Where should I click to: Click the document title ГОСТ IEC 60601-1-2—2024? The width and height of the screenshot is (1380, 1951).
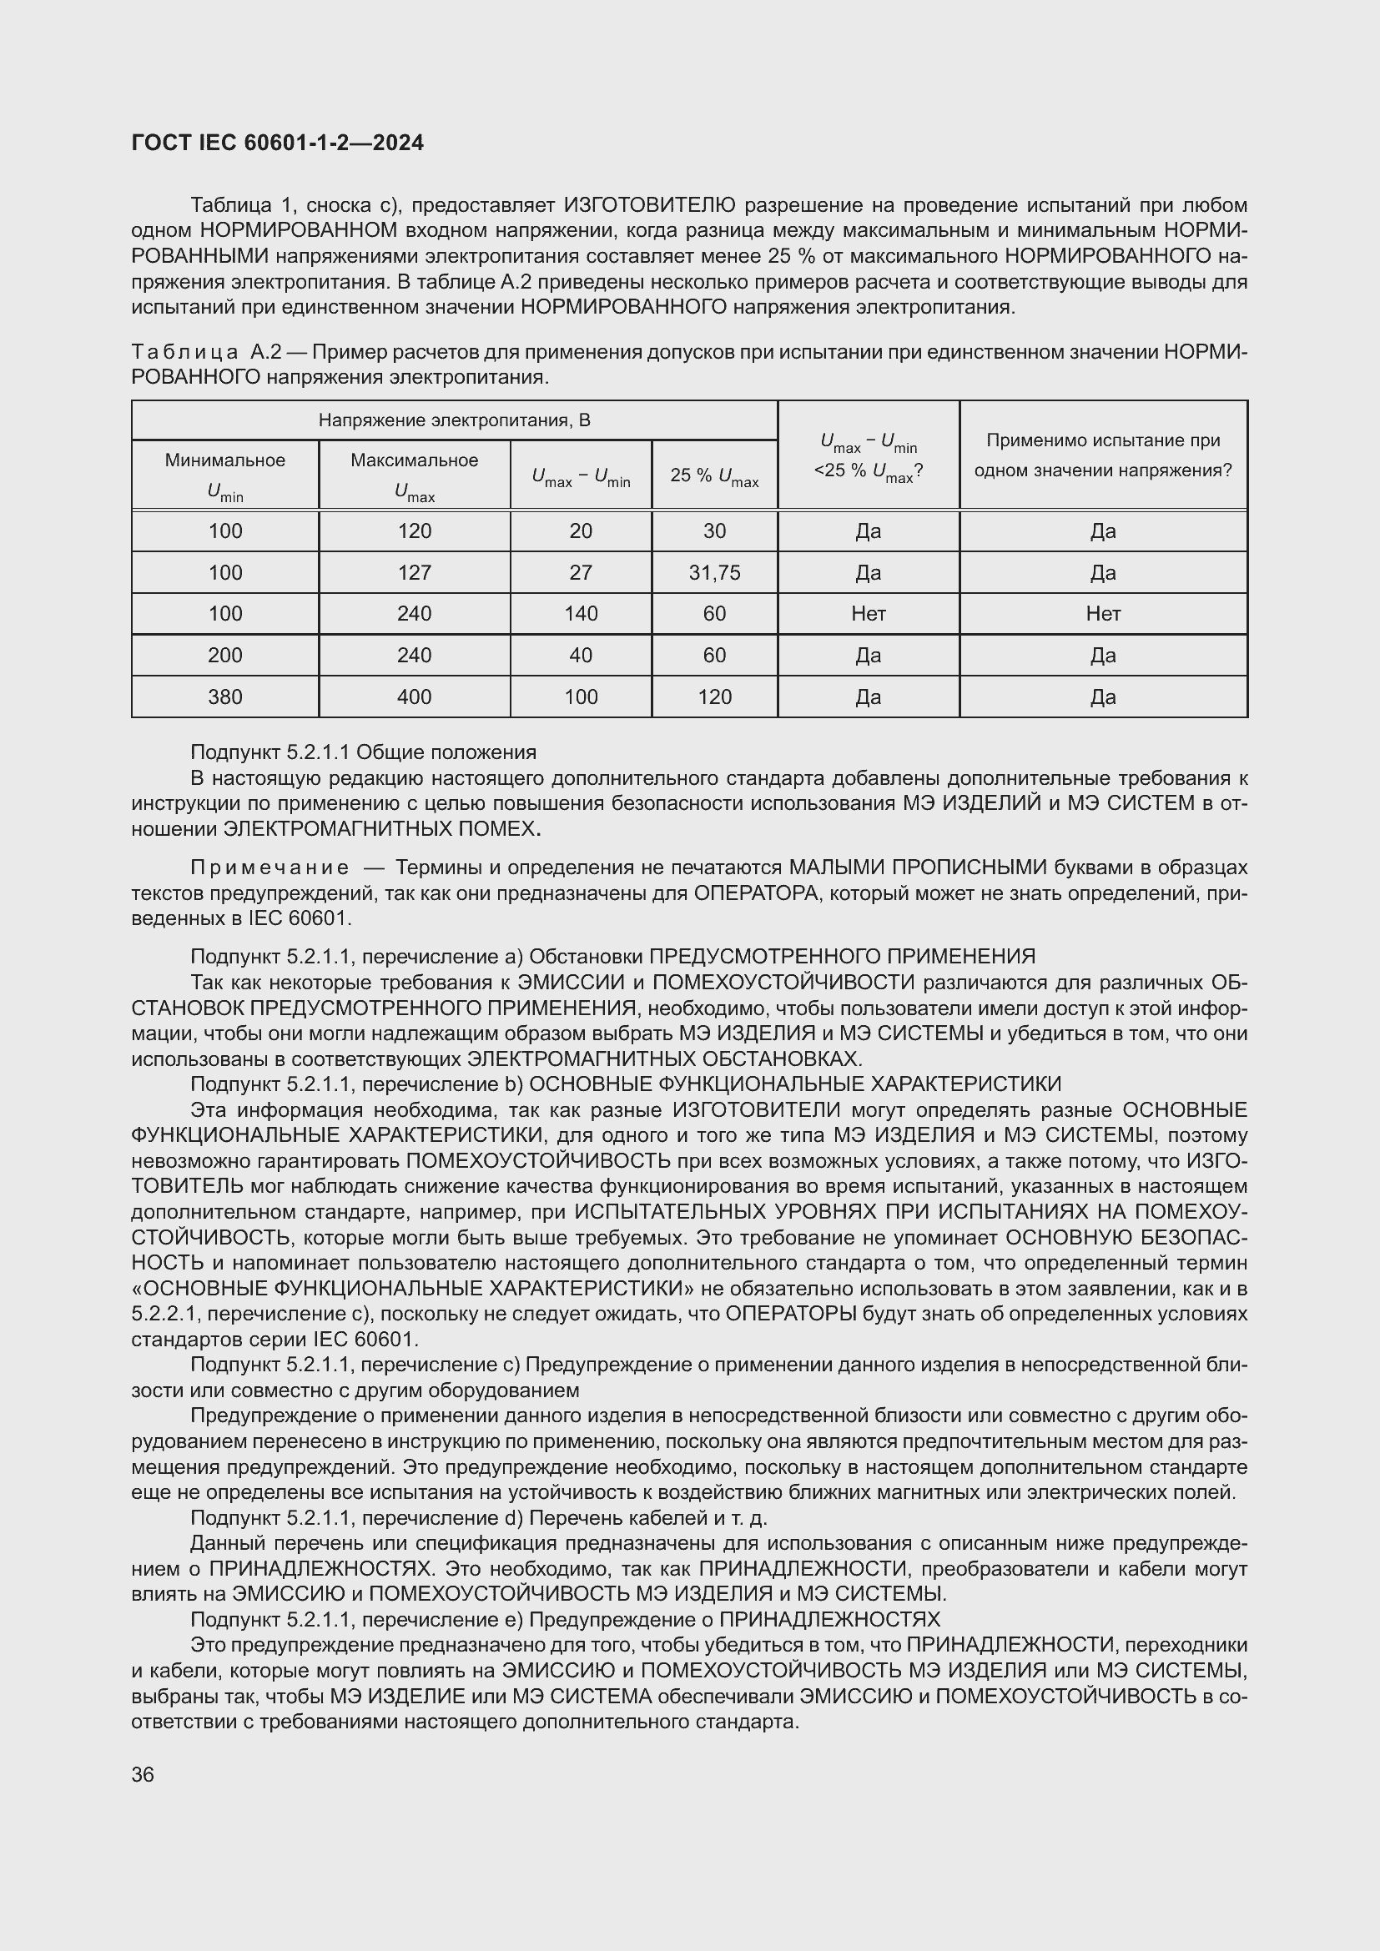(277, 143)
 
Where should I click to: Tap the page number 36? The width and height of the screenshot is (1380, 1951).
(143, 1774)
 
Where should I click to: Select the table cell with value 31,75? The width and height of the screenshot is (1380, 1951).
(714, 573)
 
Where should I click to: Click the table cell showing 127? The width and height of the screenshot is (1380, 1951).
(414, 573)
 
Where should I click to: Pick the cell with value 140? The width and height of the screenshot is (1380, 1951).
(581, 614)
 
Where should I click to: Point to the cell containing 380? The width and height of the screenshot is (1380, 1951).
(225, 696)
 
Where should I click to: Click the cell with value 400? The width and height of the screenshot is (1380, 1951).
(414, 696)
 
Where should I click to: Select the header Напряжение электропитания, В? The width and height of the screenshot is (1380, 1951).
(454, 420)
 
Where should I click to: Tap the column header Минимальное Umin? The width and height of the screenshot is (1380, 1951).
(225, 475)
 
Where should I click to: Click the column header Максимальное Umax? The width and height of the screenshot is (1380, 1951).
(414, 475)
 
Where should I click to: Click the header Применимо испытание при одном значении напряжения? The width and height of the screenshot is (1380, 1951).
(1102, 455)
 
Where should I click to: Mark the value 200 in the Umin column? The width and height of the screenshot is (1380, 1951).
(225, 655)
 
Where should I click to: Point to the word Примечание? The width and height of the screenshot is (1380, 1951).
(269, 867)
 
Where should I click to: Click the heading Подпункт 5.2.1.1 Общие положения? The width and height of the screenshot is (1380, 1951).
(363, 752)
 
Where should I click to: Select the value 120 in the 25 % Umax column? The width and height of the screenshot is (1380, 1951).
(714, 696)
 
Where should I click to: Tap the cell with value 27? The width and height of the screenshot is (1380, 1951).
(581, 573)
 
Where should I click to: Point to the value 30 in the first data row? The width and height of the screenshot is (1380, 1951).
(714, 531)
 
